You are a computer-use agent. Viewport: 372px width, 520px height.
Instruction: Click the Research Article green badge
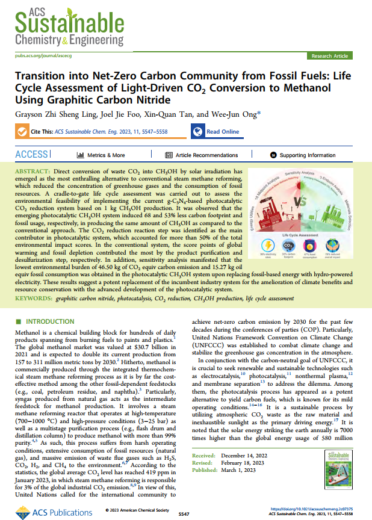330,56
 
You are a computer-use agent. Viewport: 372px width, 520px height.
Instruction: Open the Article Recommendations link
201,155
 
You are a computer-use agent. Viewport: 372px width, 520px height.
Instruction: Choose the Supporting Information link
307,155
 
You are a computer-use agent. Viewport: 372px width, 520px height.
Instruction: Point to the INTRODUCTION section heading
48,321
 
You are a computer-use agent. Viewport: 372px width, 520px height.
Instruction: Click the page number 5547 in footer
185,514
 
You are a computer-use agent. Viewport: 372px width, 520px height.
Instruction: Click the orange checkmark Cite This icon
22,132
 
